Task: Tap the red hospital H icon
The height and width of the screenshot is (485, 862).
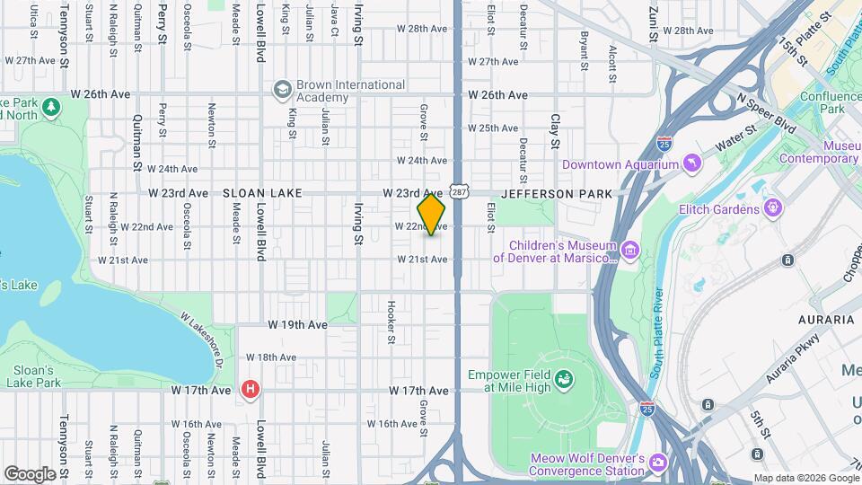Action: [251, 390]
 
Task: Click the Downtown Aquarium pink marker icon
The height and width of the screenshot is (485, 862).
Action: [690, 163]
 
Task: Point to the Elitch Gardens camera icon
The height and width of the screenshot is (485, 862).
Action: [772, 208]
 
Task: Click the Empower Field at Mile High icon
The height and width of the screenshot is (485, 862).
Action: [564, 379]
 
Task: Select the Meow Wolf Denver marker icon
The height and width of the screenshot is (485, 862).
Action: [657, 462]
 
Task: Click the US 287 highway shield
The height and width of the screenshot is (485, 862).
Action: [459, 192]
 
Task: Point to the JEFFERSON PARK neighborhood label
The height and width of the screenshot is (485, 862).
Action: [557, 194]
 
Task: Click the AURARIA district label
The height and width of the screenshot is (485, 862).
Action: [825, 320]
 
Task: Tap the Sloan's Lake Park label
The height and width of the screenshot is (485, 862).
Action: [33, 376]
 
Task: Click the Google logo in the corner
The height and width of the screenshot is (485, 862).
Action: [30, 473]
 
